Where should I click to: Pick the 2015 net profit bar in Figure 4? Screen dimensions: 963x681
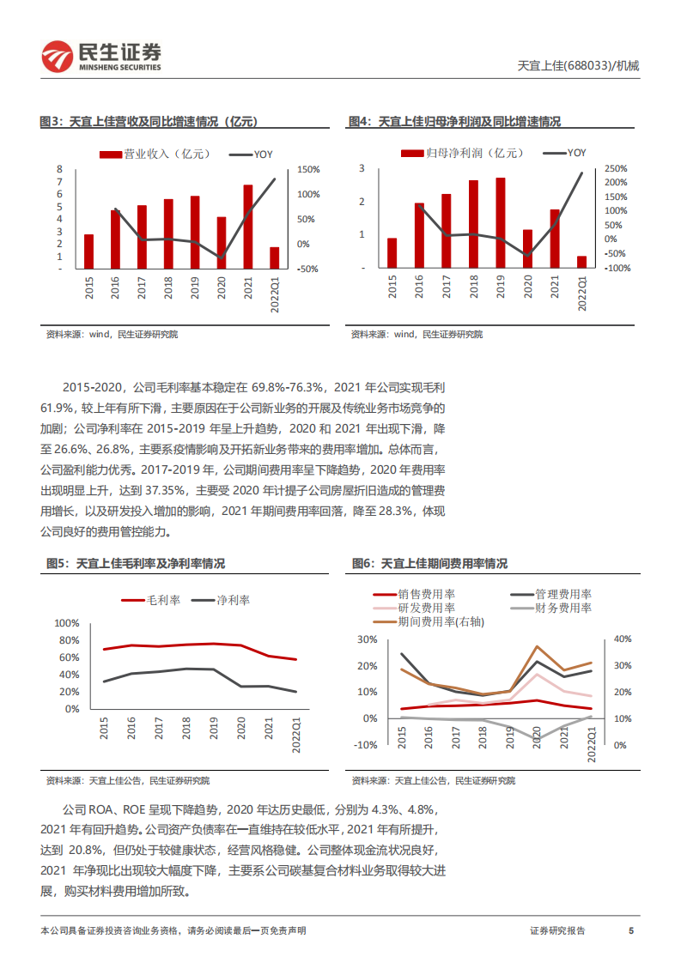pos(392,253)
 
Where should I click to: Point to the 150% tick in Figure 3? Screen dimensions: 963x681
pos(308,170)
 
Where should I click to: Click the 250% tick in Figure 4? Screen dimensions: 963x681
pos(616,169)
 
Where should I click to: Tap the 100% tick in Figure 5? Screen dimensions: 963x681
pos(66,623)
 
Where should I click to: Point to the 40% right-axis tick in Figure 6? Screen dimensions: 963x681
pos(622,639)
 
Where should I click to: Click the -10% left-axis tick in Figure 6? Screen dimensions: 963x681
pos(365,745)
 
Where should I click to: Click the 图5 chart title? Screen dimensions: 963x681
pos(135,564)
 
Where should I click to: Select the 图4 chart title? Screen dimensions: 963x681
pos(454,122)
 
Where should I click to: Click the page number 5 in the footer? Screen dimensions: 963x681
pos(631,930)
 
